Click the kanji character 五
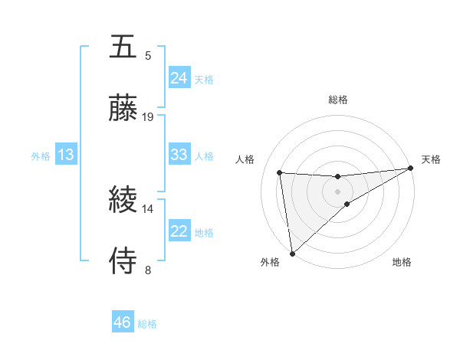click(x=124, y=47)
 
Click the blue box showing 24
click(x=179, y=78)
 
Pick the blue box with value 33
click(x=179, y=155)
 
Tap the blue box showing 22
click(x=179, y=231)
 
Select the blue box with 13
click(x=66, y=155)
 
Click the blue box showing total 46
click(x=122, y=322)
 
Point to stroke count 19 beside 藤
click(x=148, y=117)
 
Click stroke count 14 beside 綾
click(x=148, y=208)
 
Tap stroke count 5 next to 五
click(x=148, y=55)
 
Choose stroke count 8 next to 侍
click(x=148, y=270)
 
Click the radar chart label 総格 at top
click(x=338, y=100)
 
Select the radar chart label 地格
click(x=402, y=262)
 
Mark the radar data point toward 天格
click(x=411, y=169)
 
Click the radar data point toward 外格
click(x=292, y=254)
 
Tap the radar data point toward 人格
click(x=280, y=172)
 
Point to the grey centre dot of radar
click(x=338, y=191)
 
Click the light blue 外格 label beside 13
click(x=41, y=156)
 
